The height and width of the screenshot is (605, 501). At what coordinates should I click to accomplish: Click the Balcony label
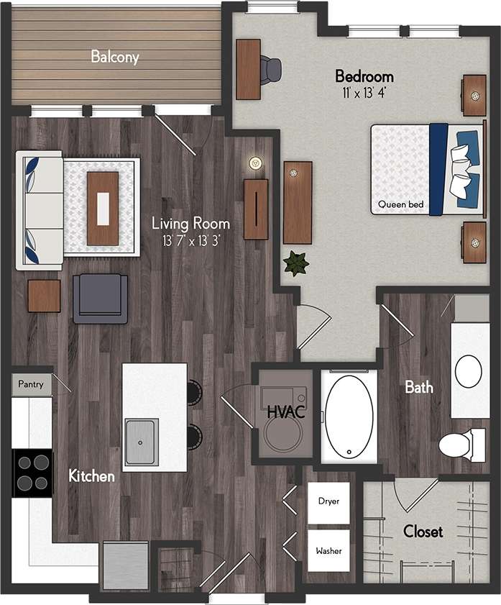point(115,57)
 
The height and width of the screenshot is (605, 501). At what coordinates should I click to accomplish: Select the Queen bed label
point(400,205)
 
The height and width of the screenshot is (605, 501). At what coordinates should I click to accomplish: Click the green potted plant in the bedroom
point(295,264)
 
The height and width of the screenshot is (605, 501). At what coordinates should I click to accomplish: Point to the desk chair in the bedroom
point(270,70)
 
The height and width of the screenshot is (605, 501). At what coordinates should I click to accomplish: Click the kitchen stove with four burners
point(32,473)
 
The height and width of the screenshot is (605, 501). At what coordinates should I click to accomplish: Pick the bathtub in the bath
point(349,417)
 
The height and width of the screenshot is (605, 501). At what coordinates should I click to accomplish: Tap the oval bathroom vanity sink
point(468,371)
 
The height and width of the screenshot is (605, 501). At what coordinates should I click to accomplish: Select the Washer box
point(328,551)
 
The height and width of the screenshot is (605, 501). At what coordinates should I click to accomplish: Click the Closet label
point(423,532)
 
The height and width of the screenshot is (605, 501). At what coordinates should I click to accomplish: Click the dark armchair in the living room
point(100,299)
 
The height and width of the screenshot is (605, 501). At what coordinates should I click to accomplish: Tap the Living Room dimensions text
point(190,240)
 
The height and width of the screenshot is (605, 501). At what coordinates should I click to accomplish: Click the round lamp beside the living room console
point(254,163)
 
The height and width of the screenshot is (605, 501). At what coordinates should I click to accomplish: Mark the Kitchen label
point(91,476)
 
